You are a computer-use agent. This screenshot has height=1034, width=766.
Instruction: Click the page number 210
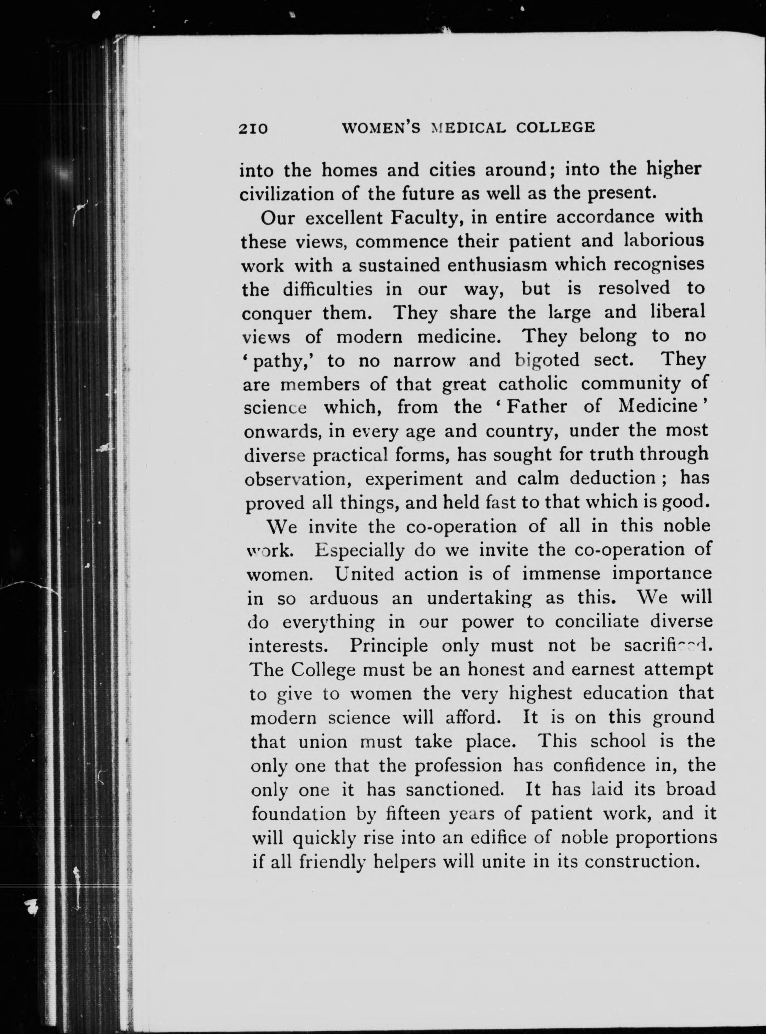(253, 128)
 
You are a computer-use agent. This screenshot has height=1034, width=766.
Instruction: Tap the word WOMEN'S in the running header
(381, 128)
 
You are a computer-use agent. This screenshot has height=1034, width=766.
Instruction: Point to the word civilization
(286, 194)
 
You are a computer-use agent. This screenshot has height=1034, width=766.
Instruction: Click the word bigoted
(547, 360)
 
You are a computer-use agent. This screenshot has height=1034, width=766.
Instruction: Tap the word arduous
(344, 598)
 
